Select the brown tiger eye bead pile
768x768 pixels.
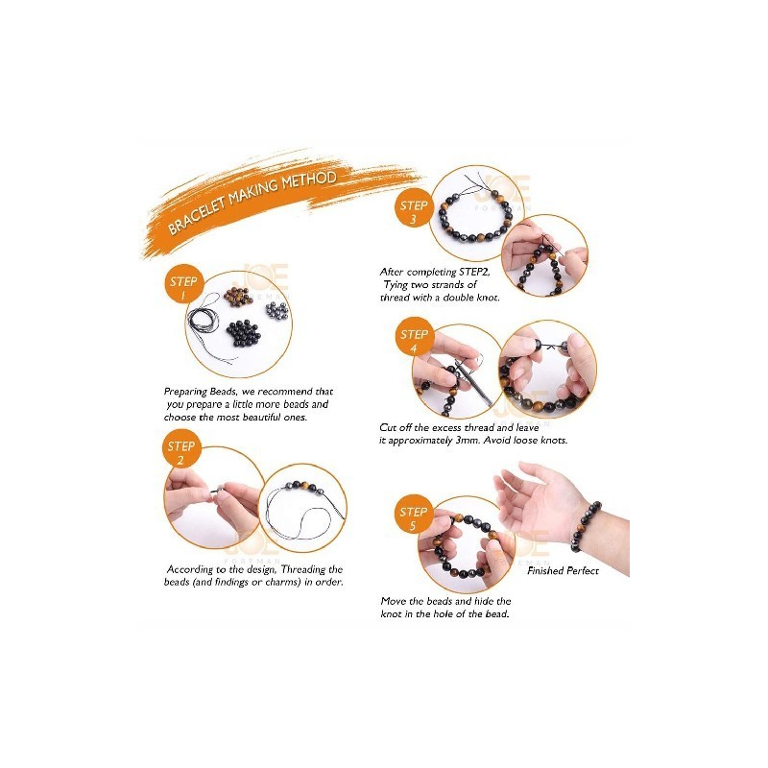(x=238, y=297)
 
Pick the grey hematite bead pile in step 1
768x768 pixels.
(x=276, y=310)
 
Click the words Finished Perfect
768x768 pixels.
(x=563, y=570)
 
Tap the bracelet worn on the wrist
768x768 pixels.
(x=585, y=526)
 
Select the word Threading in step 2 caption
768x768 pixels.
(x=303, y=569)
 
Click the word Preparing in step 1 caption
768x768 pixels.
(x=185, y=392)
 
